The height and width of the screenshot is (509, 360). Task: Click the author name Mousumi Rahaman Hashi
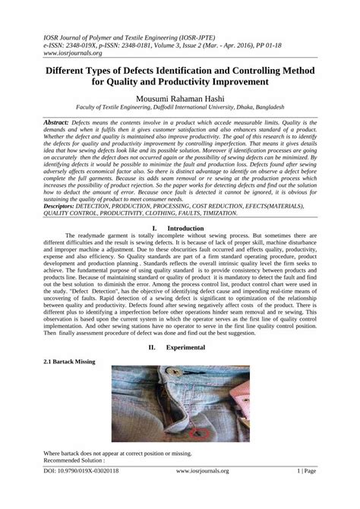180,98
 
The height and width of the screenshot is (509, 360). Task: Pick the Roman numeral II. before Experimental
152,346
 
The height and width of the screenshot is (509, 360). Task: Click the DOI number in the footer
85,492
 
